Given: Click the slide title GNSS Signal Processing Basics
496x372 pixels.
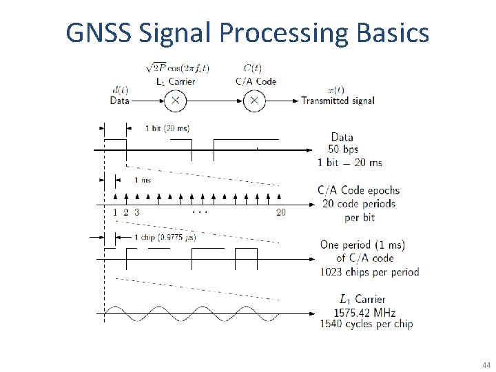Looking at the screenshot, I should pyautogui.click(x=247, y=32).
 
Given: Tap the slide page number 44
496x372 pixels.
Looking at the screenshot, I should pyautogui.click(x=487, y=364).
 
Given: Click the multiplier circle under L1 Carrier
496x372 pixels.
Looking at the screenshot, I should pyautogui.click(x=175, y=101).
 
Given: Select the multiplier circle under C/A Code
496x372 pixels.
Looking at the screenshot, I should pyautogui.click(x=254, y=101).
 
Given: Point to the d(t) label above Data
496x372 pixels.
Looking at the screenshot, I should pyautogui.click(x=118, y=90).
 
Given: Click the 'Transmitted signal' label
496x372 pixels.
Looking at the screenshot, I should pyautogui.click(x=338, y=101).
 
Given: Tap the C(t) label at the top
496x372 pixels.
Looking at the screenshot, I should pyautogui.click(x=252, y=68).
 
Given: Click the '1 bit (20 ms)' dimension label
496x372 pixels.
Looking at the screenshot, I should pyautogui.click(x=167, y=127).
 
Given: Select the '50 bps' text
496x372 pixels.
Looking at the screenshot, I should pyautogui.click(x=342, y=149).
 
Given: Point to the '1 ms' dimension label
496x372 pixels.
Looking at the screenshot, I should pyautogui.click(x=142, y=180).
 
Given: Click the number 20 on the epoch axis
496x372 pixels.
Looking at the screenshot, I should pyautogui.click(x=280, y=212).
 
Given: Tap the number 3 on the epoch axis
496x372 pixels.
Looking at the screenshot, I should pyautogui.click(x=136, y=212).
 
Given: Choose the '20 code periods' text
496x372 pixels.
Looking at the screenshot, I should pyautogui.click(x=358, y=204).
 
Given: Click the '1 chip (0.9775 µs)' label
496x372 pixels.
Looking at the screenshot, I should pyautogui.click(x=165, y=238).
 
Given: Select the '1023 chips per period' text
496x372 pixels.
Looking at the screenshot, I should pyautogui.click(x=369, y=271).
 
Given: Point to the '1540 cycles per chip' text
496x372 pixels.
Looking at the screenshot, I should pyautogui.click(x=366, y=324).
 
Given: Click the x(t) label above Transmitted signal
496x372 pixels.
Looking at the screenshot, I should pyautogui.click(x=336, y=90).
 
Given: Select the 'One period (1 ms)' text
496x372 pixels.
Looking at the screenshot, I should pyautogui.click(x=362, y=245).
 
